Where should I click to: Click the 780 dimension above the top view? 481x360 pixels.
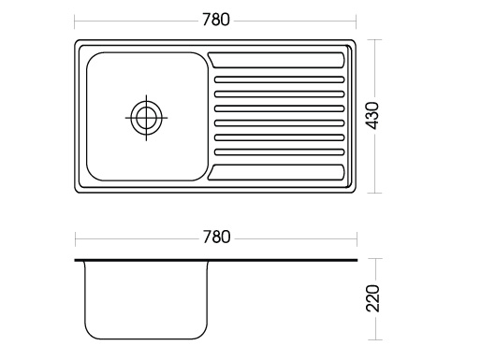point(216,20)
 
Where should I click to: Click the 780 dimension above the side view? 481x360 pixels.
point(216,237)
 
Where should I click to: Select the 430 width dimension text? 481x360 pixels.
point(372,116)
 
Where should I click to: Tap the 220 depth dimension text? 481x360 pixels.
point(372,298)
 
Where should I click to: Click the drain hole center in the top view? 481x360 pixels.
point(146,118)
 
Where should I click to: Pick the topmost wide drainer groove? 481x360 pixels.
point(276,60)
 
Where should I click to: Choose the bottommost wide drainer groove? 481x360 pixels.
point(276,172)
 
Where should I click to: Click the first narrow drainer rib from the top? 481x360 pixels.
point(279,79)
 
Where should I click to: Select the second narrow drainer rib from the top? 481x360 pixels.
point(279,94)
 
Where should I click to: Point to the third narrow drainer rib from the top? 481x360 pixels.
point(279,108)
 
